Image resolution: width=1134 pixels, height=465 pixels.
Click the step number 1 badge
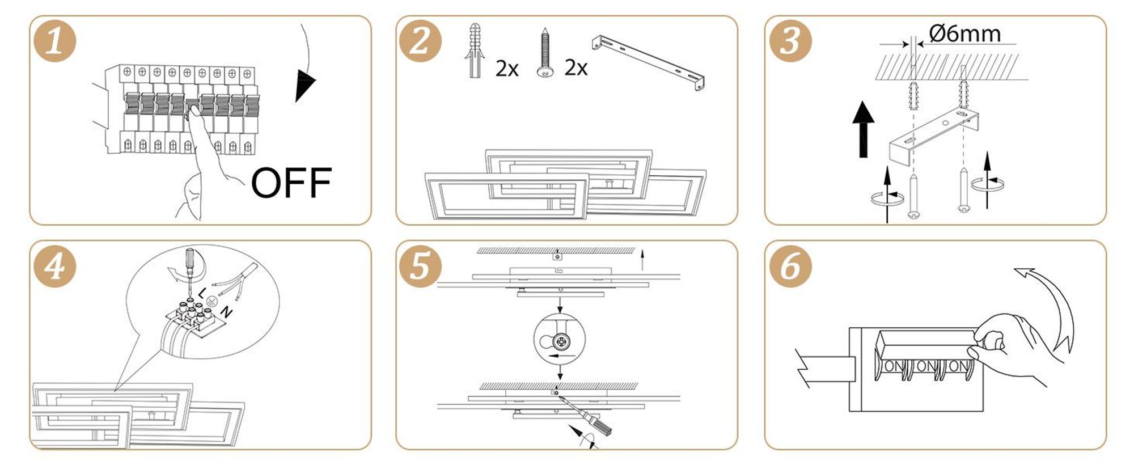click(x=54, y=40)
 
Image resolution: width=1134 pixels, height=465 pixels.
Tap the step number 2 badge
click(x=420, y=40)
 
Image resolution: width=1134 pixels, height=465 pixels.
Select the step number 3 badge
click(x=790, y=40)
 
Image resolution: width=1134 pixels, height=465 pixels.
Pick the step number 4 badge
click(x=54, y=265)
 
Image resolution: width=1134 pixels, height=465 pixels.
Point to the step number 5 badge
click(x=420, y=265)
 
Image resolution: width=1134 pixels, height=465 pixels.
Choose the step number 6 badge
click(x=790, y=265)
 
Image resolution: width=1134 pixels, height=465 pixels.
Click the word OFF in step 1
click(x=291, y=183)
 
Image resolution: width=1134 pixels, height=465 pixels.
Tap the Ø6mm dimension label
click(x=965, y=34)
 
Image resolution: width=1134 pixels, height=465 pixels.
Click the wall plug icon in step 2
click(x=475, y=50)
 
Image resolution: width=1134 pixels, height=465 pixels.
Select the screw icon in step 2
click(x=545, y=53)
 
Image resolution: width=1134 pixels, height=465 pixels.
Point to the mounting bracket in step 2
click(x=649, y=62)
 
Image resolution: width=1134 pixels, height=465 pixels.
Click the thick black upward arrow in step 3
click(x=863, y=129)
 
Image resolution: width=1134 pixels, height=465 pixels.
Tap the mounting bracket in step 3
click(x=933, y=138)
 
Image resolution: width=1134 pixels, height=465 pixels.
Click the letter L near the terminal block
click(x=203, y=293)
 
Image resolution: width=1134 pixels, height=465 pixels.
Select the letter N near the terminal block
click(x=226, y=311)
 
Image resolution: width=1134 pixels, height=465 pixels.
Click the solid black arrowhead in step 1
click(x=304, y=85)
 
